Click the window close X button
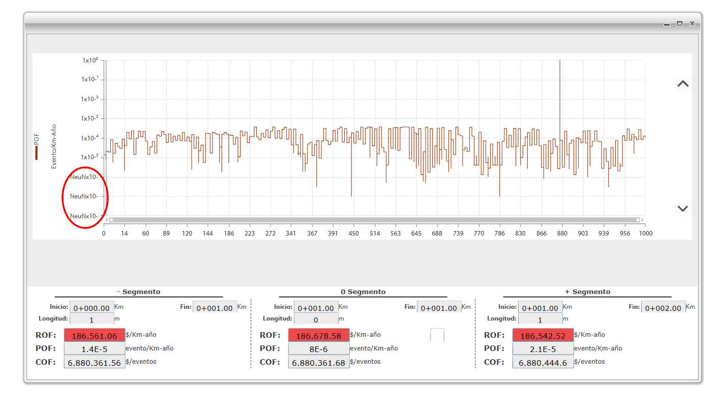point(692,24)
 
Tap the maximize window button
point(679,24)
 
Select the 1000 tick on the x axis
point(645,234)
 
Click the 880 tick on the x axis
point(561,234)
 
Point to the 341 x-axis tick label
point(291,234)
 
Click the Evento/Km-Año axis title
point(54,147)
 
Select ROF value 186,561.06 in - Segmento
point(95,335)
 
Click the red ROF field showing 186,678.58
point(319,335)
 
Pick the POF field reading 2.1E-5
point(543,348)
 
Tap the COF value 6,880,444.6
point(543,362)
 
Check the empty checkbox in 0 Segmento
point(437,335)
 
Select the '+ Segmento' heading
point(587,292)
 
